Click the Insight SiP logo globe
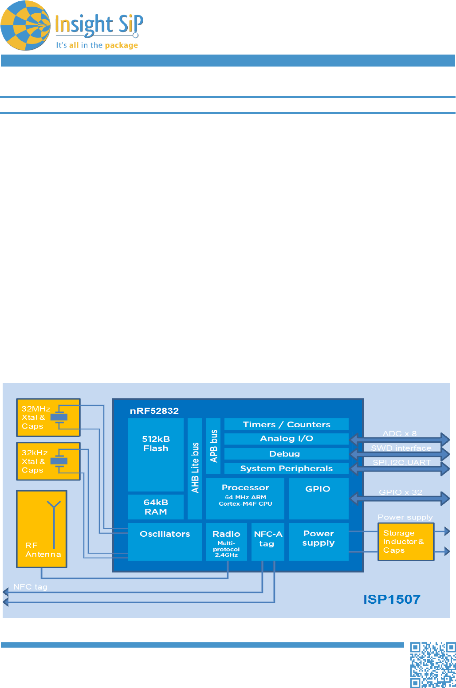(x=26, y=26)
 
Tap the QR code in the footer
(x=432, y=664)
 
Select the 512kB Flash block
(x=156, y=454)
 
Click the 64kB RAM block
(x=156, y=507)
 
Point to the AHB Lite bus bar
(x=195, y=468)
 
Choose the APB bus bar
(x=213, y=446)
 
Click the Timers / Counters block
(x=286, y=425)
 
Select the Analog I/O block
(x=286, y=439)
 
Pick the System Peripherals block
(x=286, y=468)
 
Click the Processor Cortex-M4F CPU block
(x=245, y=498)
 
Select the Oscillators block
(x=165, y=541)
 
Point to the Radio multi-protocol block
(x=226, y=542)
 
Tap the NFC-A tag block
(x=267, y=542)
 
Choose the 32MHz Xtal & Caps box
(x=48, y=417)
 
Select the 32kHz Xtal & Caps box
(x=48, y=461)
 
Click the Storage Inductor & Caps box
(x=405, y=542)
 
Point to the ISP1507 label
(x=391, y=599)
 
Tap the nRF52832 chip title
(x=154, y=411)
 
